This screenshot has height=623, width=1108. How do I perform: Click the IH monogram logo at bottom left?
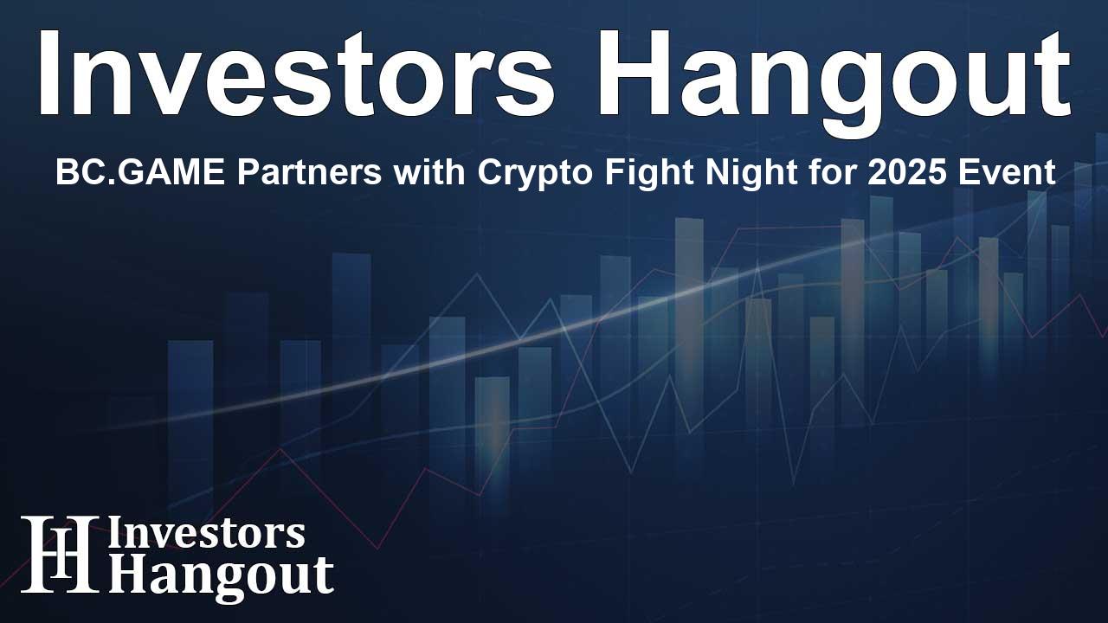(x=59, y=554)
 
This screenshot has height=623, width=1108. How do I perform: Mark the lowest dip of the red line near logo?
(x=377, y=548)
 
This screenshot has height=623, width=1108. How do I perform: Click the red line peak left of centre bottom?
(x=280, y=449)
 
